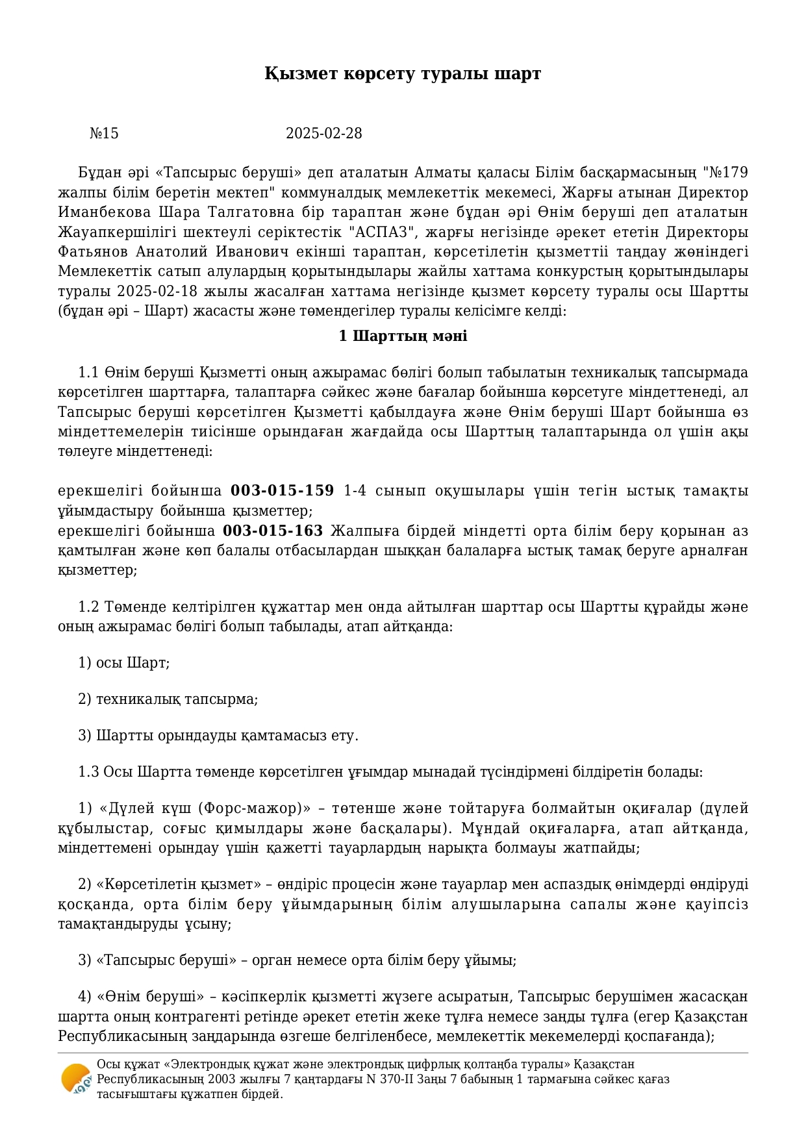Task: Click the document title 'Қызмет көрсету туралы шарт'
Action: coord(403,74)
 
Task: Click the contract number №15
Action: coord(104,134)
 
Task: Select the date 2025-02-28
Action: coord(323,134)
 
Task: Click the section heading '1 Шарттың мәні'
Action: coord(403,336)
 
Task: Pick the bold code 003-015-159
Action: coord(283,490)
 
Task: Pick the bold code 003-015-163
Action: coord(273,531)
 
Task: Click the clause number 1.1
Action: coord(88,373)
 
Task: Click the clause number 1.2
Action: coord(88,607)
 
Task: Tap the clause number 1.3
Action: coord(88,772)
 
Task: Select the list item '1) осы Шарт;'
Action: coord(123,663)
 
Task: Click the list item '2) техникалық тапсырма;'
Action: coord(168,699)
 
